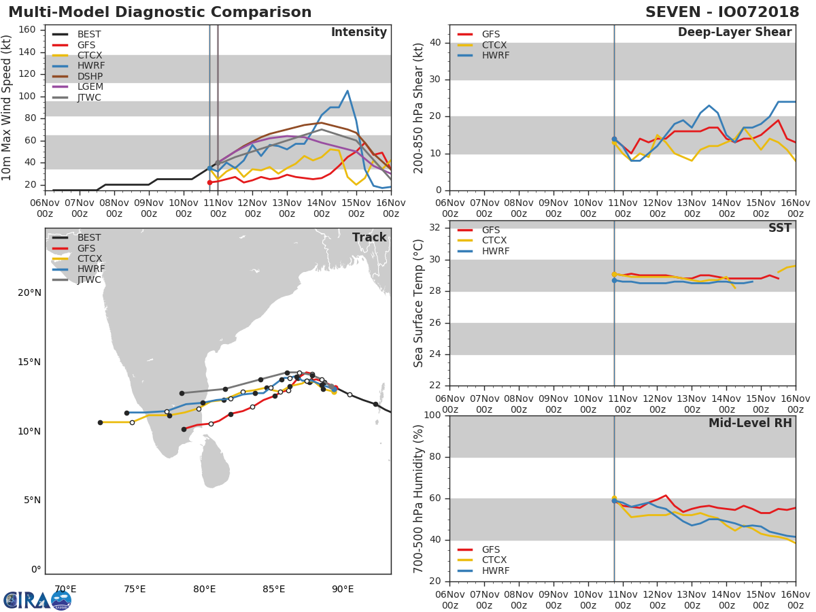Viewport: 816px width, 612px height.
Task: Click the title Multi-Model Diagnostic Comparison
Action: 160,12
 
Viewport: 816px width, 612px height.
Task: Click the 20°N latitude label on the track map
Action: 29,293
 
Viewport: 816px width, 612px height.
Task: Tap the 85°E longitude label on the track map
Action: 273,589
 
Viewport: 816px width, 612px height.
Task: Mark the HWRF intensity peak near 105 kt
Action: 347,90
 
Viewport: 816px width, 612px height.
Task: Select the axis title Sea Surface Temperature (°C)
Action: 419,303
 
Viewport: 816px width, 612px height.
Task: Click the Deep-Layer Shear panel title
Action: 734,33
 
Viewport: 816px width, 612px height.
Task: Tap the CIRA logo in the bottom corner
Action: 37,600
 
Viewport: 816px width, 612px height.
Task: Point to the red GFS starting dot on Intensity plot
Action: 209,182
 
